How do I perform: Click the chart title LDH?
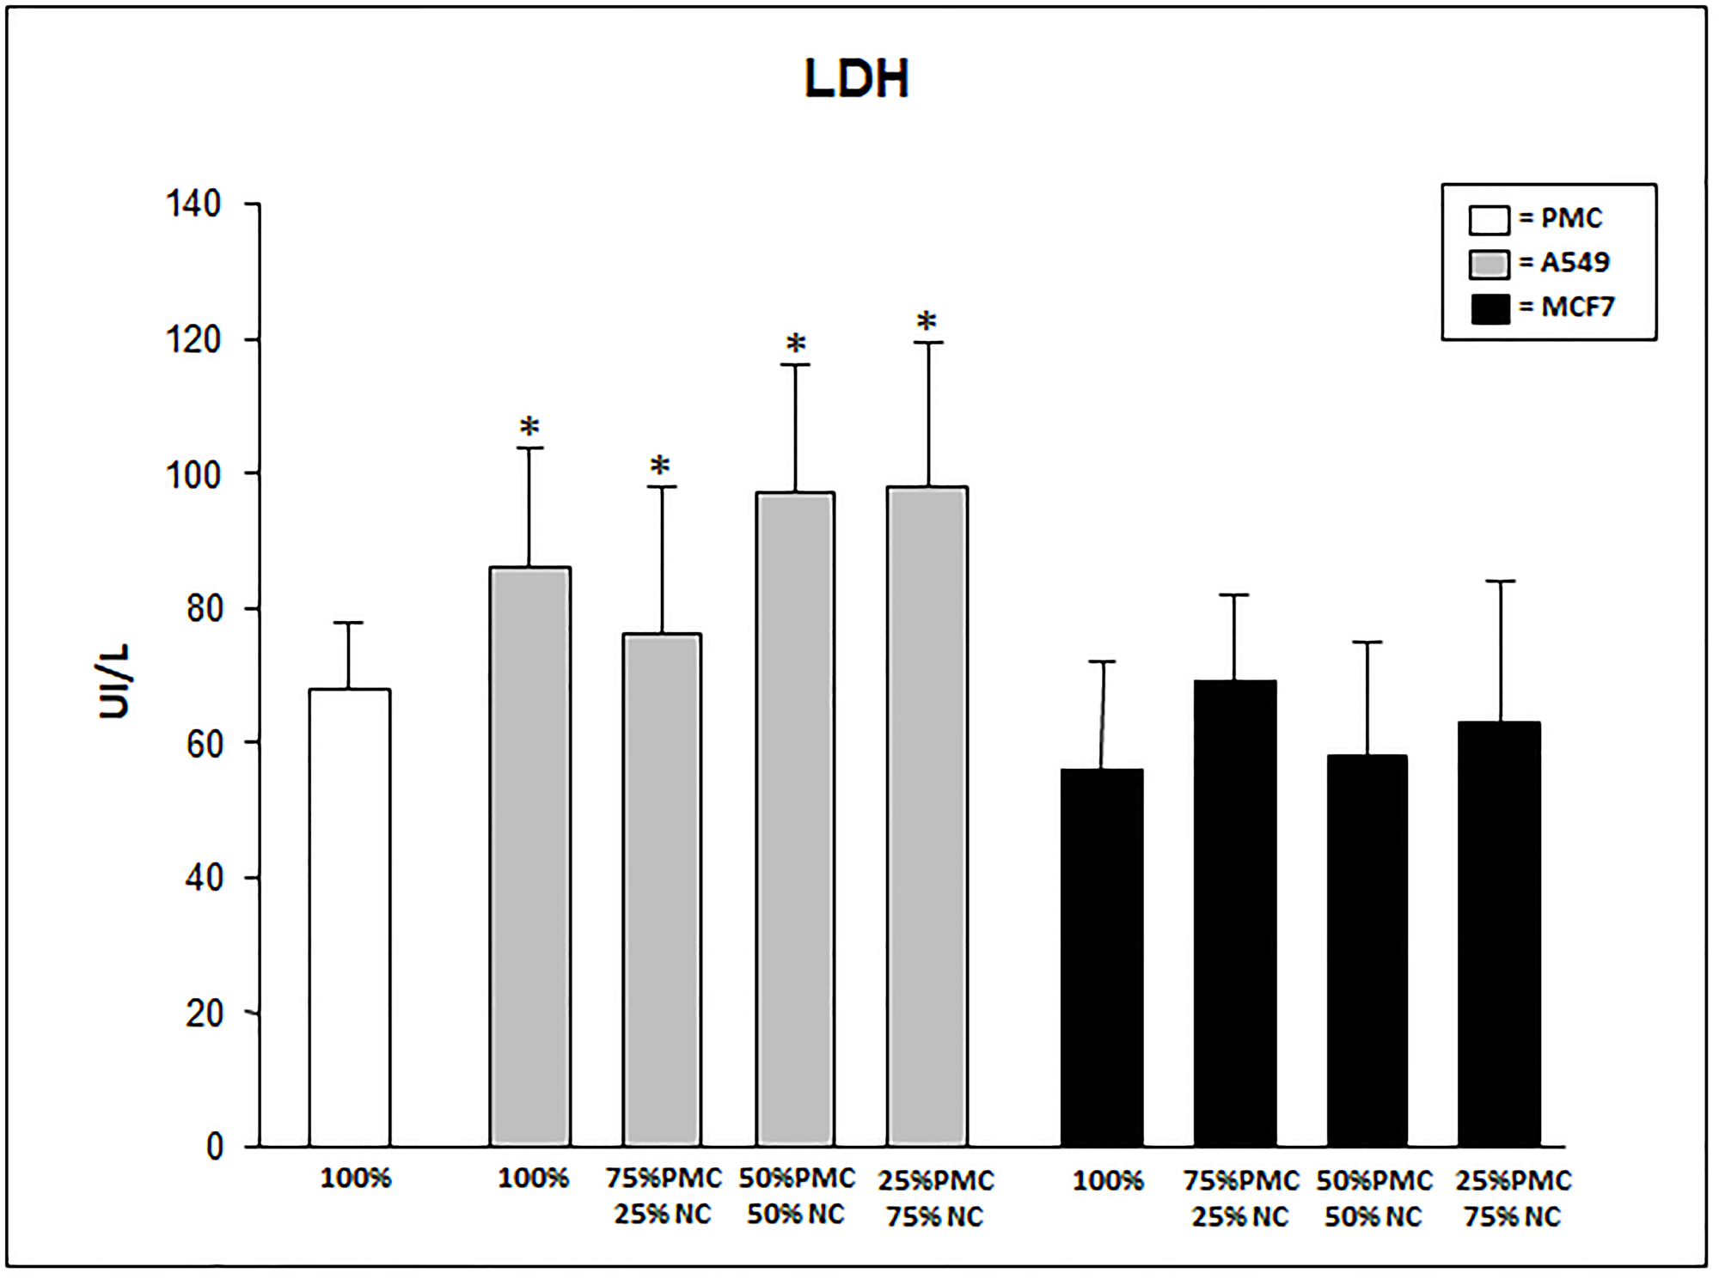pos(856,79)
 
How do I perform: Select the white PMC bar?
pos(350,917)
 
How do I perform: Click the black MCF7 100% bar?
pos(1102,957)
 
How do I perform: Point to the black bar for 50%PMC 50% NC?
pos(1367,950)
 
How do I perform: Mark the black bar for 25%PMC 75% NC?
pos(1500,934)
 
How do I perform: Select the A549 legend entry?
pos(1539,263)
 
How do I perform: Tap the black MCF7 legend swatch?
pos(1490,308)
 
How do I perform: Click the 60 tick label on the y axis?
pos(205,744)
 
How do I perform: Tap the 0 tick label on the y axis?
pos(215,1147)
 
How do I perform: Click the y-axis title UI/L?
pos(113,680)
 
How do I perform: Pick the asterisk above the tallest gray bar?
pos(927,322)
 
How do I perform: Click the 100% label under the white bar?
pos(356,1179)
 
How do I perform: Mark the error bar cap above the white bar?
pos(349,623)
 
